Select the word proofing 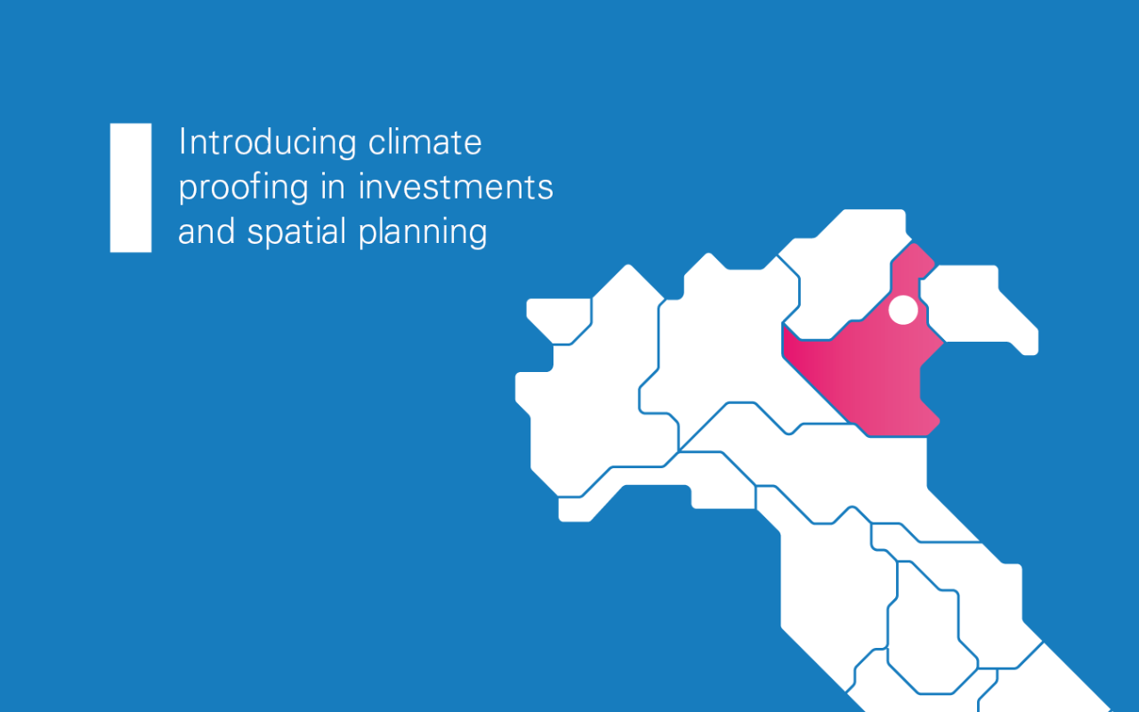(x=237, y=188)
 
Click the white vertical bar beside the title (x=130, y=188)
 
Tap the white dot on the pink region (x=903, y=310)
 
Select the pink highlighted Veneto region (x=872, y=374)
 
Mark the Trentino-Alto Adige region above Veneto (x=845, y=267)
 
